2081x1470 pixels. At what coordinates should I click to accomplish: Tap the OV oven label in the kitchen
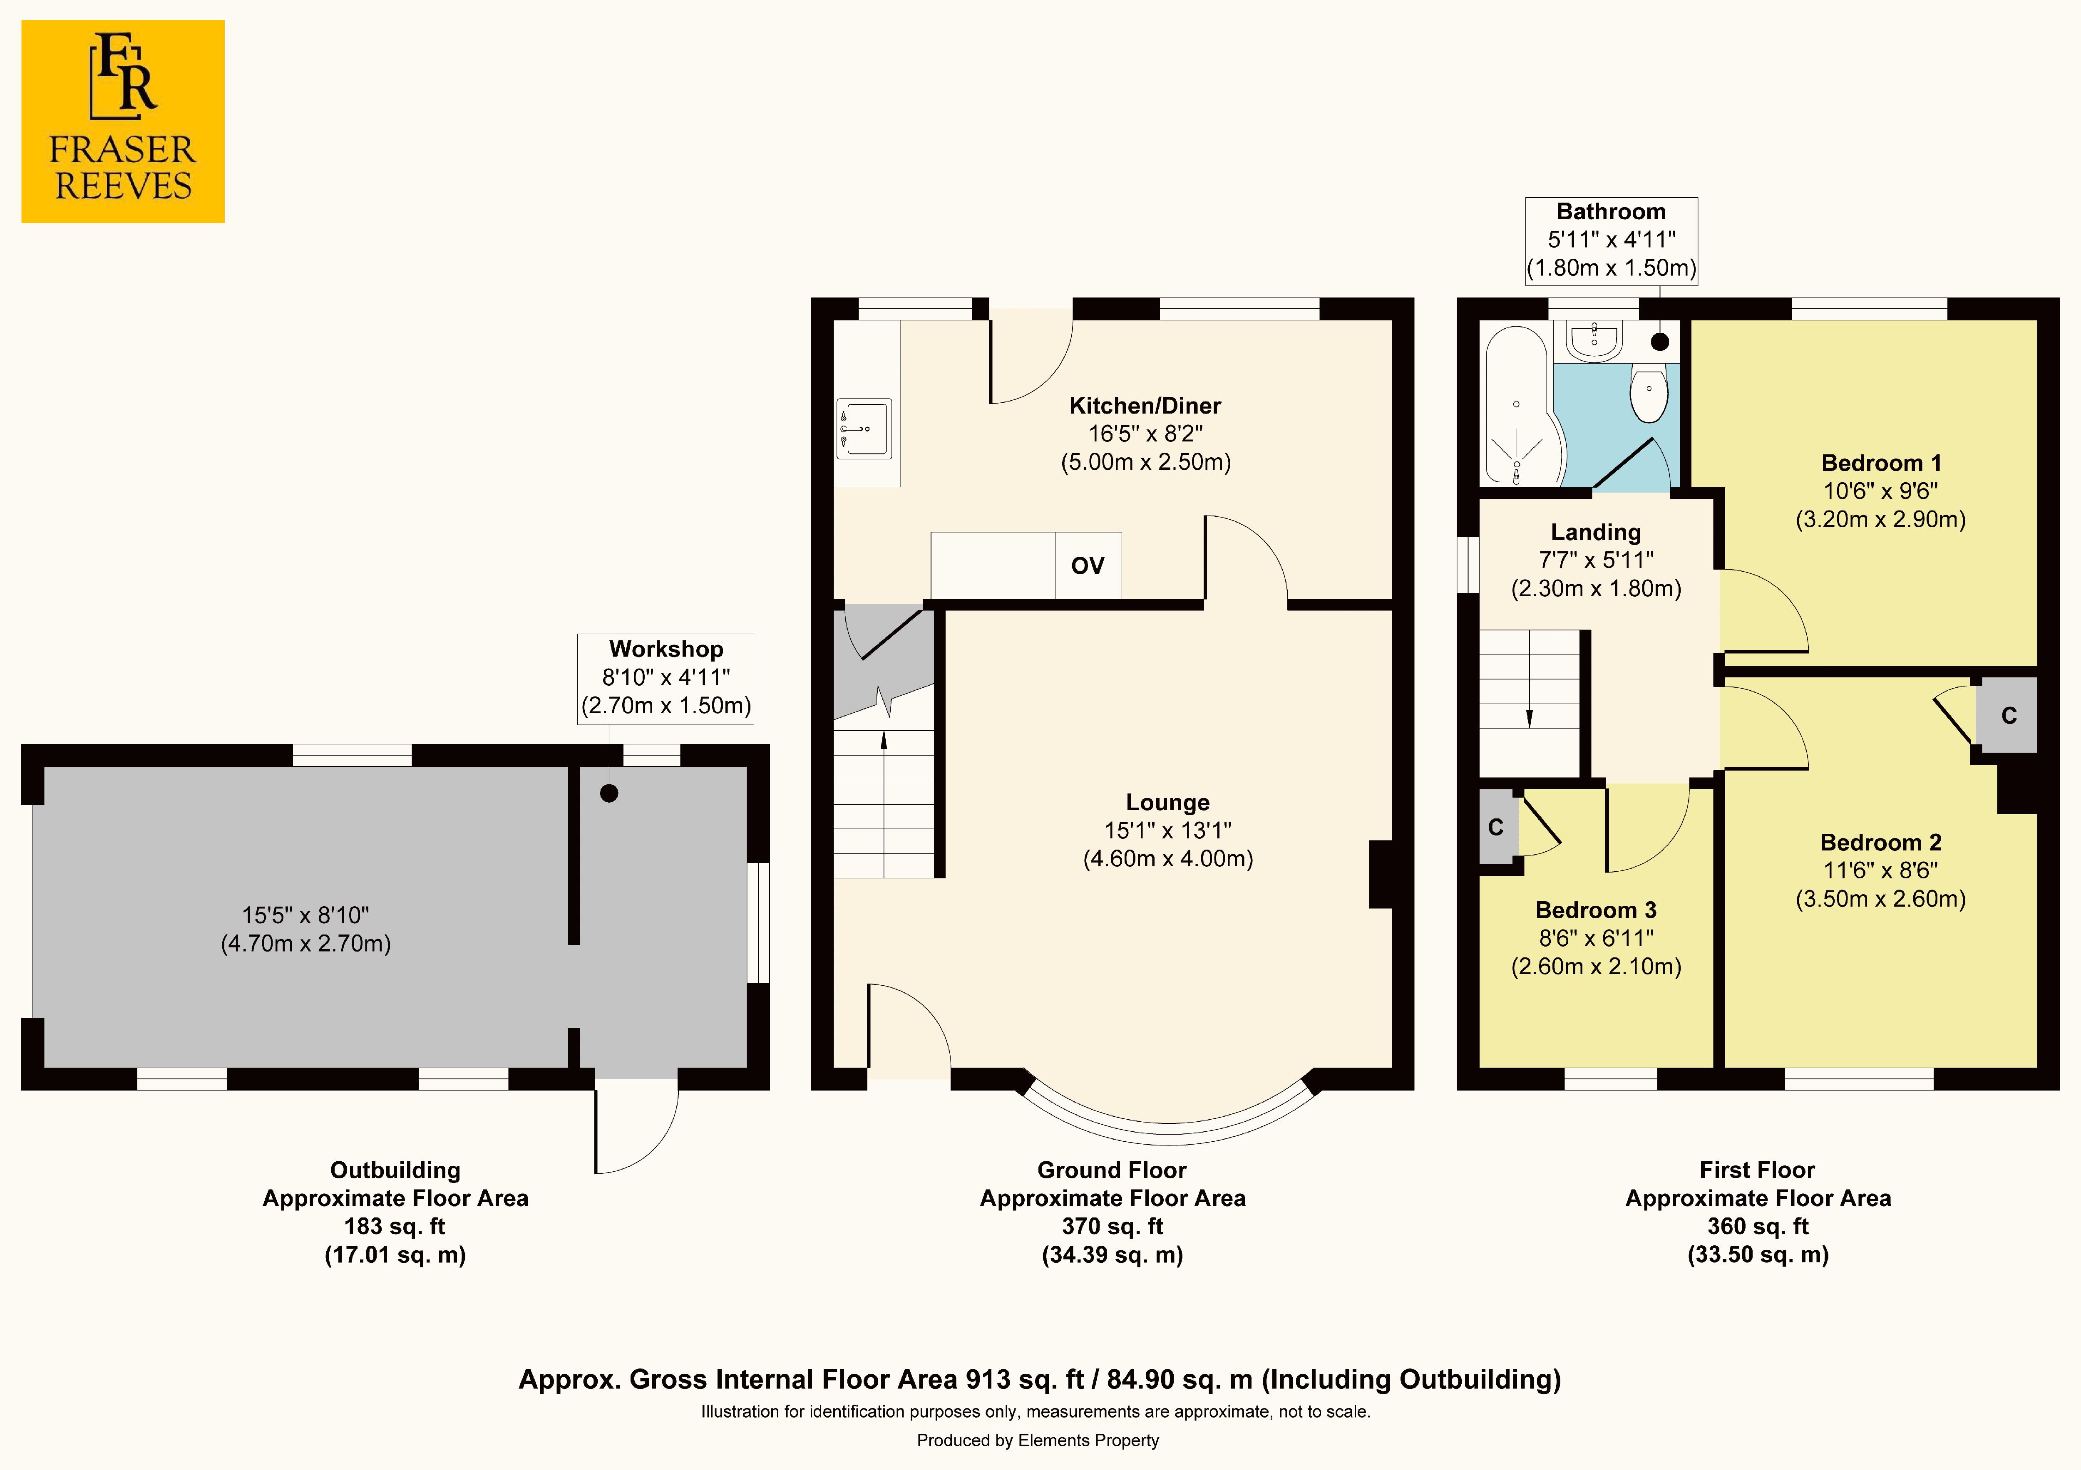(x=1088, y=565)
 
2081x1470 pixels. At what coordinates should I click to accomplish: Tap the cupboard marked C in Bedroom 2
(x=2009, y=715)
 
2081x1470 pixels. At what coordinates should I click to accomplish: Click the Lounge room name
(x=1167, y=802)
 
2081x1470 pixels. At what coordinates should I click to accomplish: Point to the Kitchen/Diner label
(x=1145, y=405)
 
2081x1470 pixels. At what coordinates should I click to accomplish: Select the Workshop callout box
(x=665, y=678)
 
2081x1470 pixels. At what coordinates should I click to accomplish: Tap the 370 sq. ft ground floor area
(x=1112, y=1226)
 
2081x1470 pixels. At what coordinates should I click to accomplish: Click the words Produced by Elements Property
(x=1038, y=1440)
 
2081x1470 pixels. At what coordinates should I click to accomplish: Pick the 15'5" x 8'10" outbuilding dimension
(x=305, y=915)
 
